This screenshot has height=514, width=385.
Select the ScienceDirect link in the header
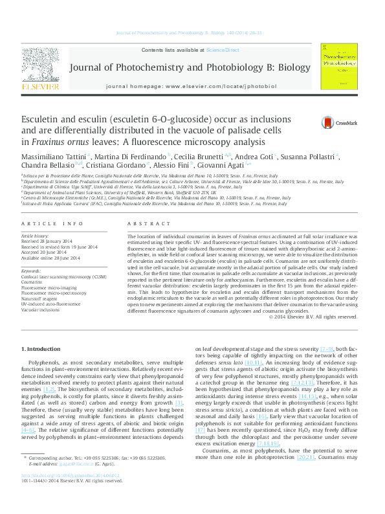(x=222, y=50)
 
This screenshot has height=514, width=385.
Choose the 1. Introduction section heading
(x=43, y=350)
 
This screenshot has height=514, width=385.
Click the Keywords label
(x=32, y=271)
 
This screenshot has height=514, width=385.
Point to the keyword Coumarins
(x=33, y=282)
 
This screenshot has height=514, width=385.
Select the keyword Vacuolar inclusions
(x=41, y=309)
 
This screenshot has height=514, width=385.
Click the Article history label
(x=36, y=237)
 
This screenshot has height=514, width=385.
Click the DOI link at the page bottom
(x=71, y=493)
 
